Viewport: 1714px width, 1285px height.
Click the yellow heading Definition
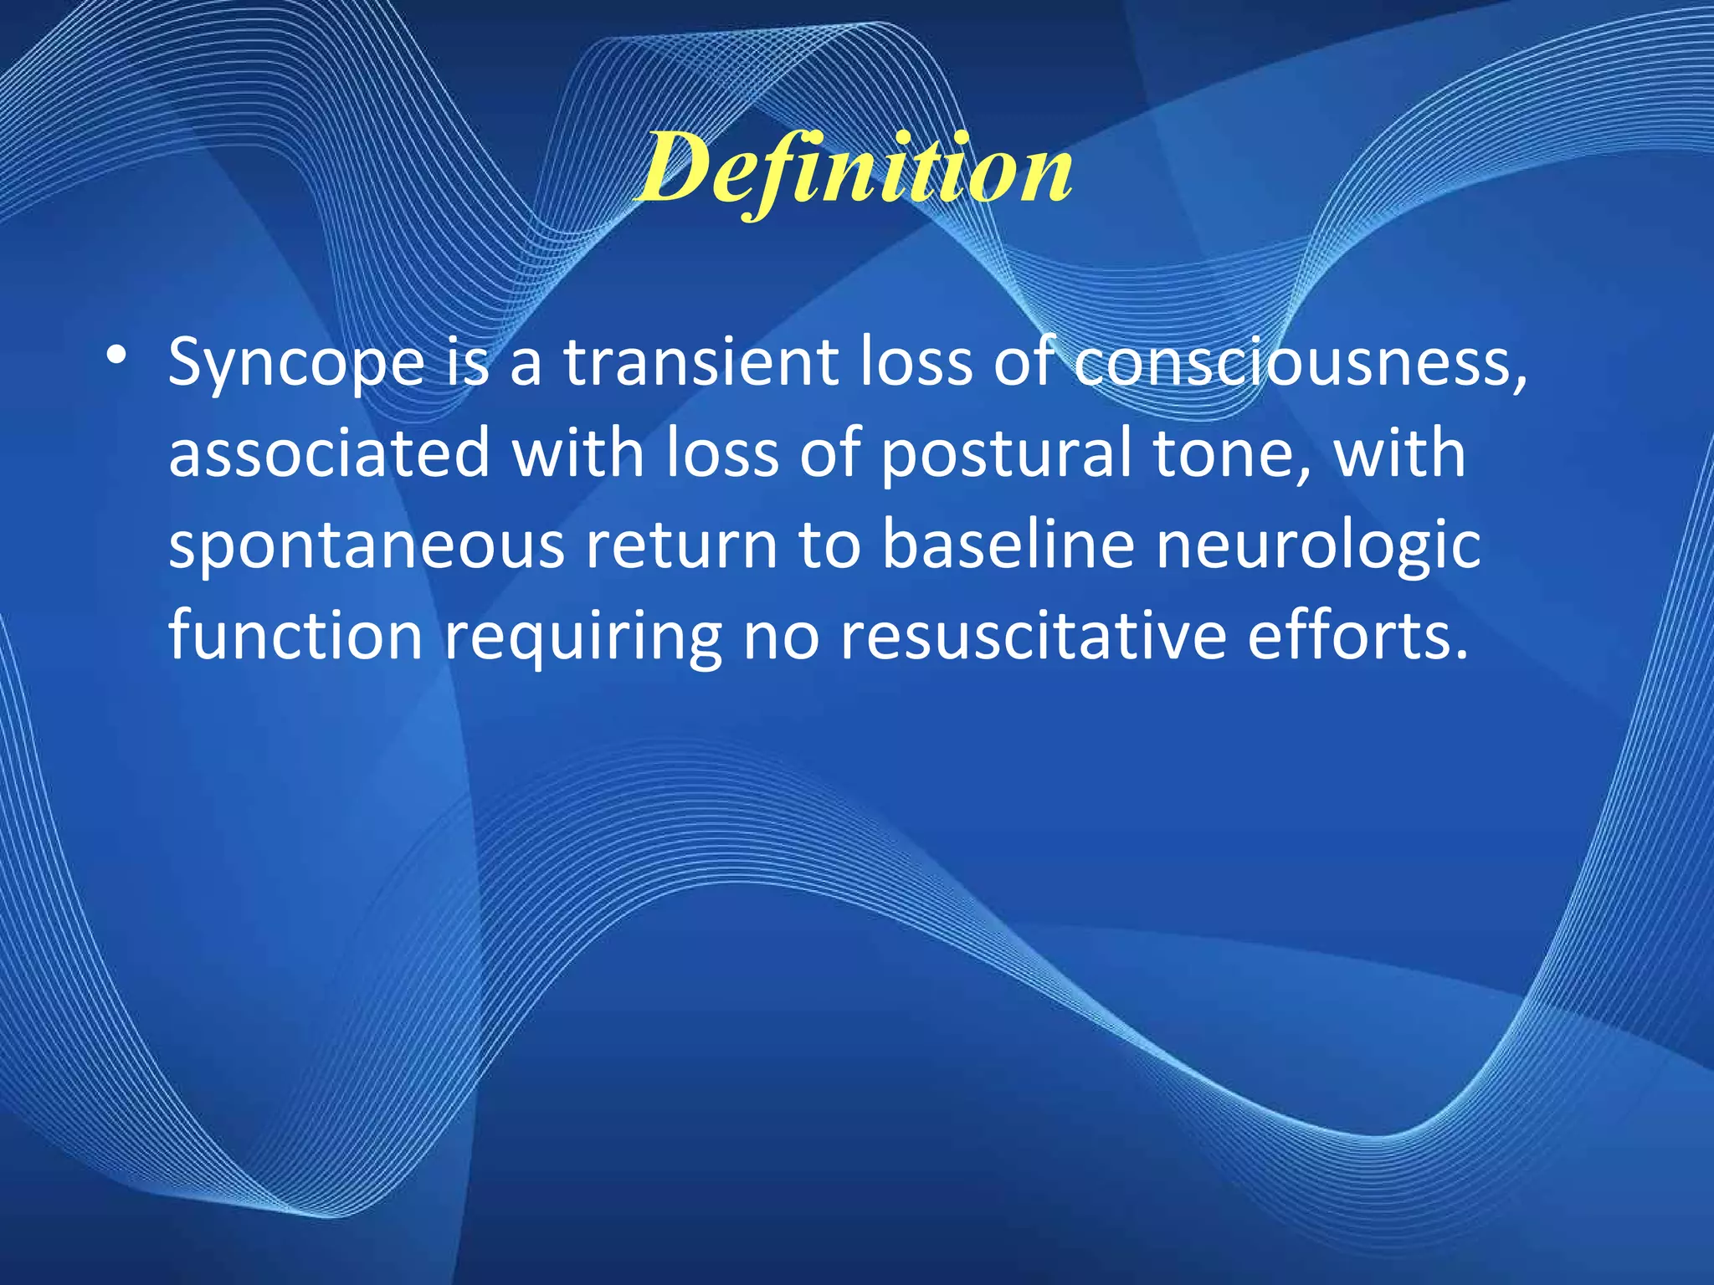point(854,172)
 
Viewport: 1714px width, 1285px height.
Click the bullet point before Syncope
point(117,356)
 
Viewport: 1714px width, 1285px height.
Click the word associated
point(329,453)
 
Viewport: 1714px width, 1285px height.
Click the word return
point(681,545)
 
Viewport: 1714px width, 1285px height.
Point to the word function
point(295,635)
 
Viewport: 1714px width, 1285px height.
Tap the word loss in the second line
point(721,453)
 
